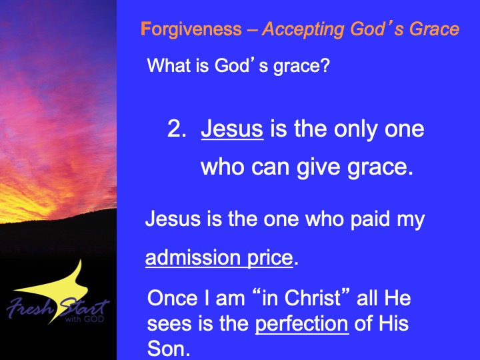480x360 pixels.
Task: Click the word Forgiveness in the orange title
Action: coord(191,30)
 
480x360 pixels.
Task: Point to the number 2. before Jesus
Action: coord(177,129)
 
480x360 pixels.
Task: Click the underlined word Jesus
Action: coord(232,129)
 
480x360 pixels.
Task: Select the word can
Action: coord(270,168)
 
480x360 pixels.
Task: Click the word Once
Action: coord(173,298)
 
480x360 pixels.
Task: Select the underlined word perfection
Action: coord(302,324)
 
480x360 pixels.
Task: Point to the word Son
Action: coord(169,349)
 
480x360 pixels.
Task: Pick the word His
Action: coord(393,323)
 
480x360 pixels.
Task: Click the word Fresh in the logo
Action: coord(30,307)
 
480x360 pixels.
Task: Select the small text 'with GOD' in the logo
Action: coord(84,319)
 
